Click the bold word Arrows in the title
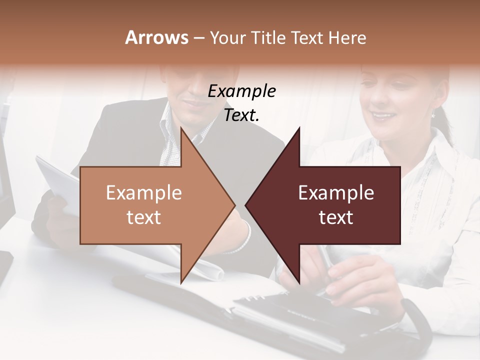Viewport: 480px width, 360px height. coord(156,37)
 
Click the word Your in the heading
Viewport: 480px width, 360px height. coord(227,37)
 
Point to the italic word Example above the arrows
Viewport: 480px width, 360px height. coord(241,91)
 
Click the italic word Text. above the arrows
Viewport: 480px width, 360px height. coord(241,115)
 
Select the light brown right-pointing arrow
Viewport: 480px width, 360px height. coord(150,205)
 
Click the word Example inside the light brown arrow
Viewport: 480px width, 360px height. coord(143,193)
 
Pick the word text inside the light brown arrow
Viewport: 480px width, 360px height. coord(143,217)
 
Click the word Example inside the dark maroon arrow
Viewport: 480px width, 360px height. coord(336,193)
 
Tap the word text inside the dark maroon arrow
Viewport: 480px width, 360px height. coord(336,217)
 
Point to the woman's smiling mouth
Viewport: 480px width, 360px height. coord(384,116)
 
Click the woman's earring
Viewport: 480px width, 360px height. coord(433,114)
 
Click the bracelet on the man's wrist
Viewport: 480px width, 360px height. coord(245,237)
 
